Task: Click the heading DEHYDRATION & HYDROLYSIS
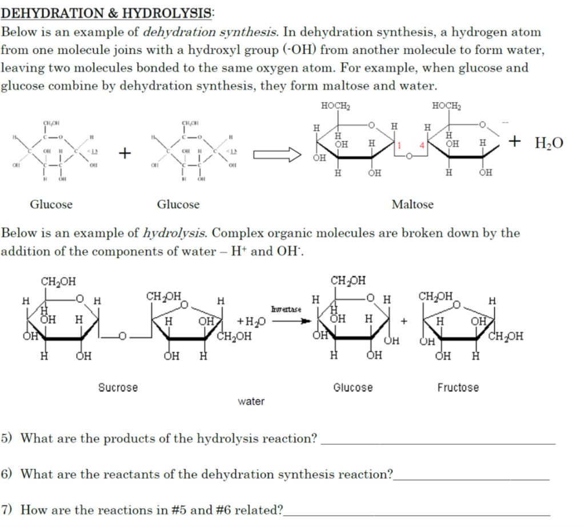coord(106,13)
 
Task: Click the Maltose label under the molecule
coord(412,204)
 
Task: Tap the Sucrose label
coord(118,388)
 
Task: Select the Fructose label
coord(458,388)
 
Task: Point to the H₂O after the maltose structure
coord(548,143)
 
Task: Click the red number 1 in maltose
coord(400,145)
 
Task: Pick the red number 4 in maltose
coord(422,145)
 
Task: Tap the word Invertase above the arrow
coord(286,309)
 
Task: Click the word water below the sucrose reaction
coord(251,402)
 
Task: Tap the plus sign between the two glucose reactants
coord(125,153)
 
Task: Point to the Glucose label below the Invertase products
coord(353,388)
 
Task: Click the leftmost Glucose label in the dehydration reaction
coord(51,204)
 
